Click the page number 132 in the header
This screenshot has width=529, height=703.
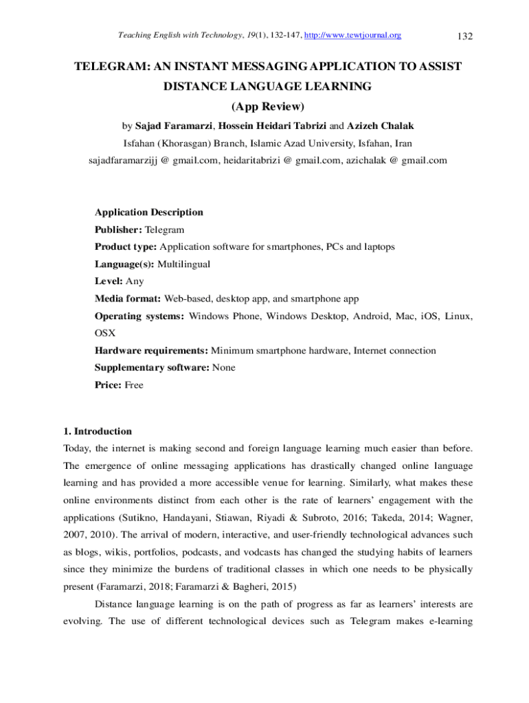tap(464, 36)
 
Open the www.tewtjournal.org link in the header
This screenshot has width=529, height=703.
tap(352, 35)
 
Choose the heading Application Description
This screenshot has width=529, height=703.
tap(148, 212)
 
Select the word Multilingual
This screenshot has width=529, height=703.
tap(184, 264)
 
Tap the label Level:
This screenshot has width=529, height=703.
tap(109, 281)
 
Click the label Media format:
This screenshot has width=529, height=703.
tap(128, 299)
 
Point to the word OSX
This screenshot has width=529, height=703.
tap(105, 333)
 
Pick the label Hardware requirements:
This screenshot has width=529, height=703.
tap(152, 350)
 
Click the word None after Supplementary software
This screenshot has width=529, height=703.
tap(224, 367)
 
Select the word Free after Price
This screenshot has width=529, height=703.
tap(134, 385)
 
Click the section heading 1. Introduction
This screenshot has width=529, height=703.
tap(97, 432)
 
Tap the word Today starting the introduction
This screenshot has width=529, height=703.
tap(77, 449)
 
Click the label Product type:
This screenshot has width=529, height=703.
tap(126, 246)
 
